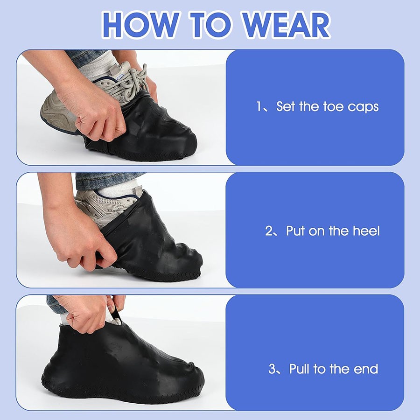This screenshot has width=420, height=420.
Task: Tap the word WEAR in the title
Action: [286, 25]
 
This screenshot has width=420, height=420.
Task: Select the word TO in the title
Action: [210, 25]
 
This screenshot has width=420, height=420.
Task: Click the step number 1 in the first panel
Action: [259, 106]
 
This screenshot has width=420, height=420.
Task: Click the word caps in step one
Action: [363, 107]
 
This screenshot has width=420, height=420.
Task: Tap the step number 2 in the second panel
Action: [269, 231]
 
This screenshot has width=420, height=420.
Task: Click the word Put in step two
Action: [295, 231]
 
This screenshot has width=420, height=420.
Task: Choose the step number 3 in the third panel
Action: [272, 369]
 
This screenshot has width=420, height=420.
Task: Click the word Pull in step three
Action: [300, 369]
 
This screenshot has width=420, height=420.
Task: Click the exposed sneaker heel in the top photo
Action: [54, 112]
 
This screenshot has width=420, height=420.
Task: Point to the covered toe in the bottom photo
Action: [185, 380]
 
